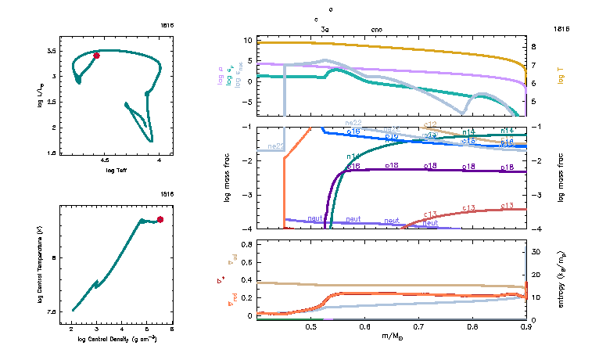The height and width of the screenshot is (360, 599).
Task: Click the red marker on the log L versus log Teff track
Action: click(96, 56)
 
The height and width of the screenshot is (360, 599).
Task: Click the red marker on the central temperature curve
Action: click(160, 219)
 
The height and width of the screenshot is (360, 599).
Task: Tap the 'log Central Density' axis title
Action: click(117, 339)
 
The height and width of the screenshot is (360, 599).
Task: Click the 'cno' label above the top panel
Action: click(376, 29)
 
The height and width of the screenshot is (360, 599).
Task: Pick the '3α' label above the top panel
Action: click(326, 29)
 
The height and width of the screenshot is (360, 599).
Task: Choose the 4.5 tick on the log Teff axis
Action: click(105, 161)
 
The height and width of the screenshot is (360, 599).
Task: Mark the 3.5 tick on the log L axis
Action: click(51, 51)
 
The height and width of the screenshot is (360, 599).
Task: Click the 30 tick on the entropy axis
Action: click(536, 252)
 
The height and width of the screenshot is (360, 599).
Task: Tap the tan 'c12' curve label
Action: click(429, 124)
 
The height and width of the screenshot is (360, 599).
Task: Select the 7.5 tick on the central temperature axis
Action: click(52, 311)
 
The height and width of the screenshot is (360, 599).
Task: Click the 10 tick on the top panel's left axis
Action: click(247, 40)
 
